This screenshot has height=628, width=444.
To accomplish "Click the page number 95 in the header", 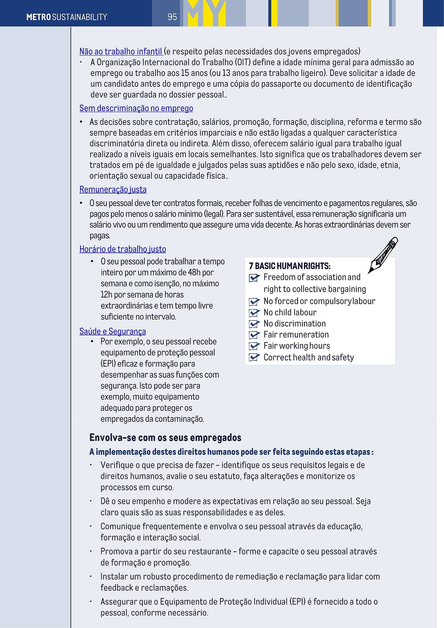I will pos(172,17).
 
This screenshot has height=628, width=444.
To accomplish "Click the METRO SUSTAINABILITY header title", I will pos(67,17).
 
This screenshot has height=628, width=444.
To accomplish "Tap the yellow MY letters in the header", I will pos(206,13).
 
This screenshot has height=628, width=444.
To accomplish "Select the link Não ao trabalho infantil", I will pos(121,51).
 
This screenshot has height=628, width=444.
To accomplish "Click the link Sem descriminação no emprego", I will pos(136,108).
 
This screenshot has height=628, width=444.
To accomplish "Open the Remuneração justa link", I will pos(113,190).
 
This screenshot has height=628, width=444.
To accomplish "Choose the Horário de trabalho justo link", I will pos(122,249).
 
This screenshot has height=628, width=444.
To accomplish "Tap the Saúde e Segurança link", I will pos(112,332).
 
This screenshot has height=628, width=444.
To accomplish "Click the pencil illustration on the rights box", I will pos(383,255).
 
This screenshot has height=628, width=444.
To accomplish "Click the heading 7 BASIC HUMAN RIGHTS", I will pos(289,266).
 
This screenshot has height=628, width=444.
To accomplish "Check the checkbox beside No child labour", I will pos(254,313).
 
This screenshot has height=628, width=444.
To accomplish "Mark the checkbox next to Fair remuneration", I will pos(254,335).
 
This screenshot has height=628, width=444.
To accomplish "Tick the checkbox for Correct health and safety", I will pos(254,358).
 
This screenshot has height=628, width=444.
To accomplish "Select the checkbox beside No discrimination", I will pos(254,324).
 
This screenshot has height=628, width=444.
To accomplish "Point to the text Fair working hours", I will pos(296,346).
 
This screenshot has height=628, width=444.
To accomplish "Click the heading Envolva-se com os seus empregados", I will pos(165,438).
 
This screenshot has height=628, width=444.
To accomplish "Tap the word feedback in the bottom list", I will pos(116,588).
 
